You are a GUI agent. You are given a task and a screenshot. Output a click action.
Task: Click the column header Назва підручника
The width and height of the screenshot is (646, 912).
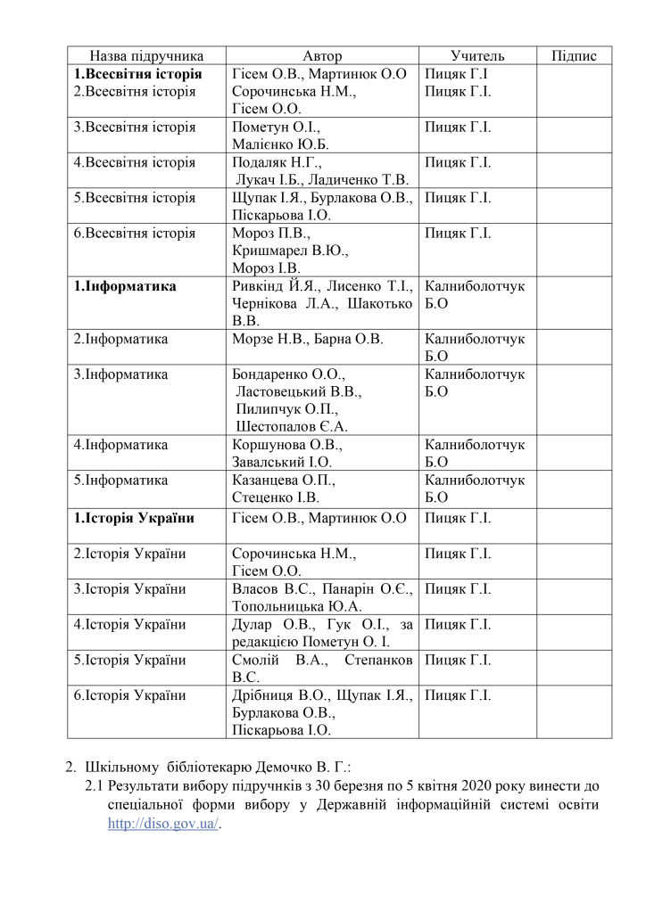pyautogui.click(x=146, y=55)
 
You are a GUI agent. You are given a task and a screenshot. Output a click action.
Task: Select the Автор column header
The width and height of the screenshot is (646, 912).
pyautogui.click(x=322, y=55)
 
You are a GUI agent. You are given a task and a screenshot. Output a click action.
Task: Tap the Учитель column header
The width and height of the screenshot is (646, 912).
pyautogui.click(x=477, y=55)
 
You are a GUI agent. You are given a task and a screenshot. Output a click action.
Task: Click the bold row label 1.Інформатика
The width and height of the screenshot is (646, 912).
pyautogui.click(x=125, y=286)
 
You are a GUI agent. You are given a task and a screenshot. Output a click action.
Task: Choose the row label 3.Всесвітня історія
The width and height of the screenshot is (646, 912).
pyautogui.click(x=135, y=127)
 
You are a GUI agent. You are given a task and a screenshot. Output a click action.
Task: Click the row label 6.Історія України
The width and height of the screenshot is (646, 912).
pyautogui.click(x=130, y=695)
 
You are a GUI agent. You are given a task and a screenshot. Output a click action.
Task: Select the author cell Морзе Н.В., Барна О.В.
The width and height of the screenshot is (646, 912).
pyautogui.click(x=307, y=339)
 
